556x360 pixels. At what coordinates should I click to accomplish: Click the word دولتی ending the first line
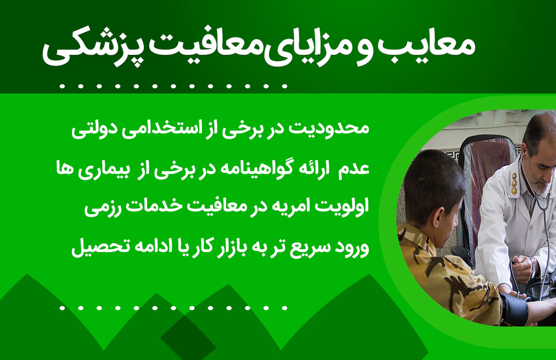(92, 129)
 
